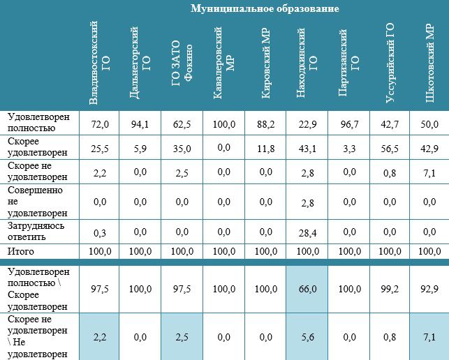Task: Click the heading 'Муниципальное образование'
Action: point(265,8)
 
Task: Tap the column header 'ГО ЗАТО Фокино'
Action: point(182,63)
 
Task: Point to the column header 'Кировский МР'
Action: point(266,63)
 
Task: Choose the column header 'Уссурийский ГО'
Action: point(390,63)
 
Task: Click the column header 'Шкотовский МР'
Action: point(430,63)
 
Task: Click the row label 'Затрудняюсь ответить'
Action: point(36,232)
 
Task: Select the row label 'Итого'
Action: point(21,252)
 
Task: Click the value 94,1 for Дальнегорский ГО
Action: point(140,124)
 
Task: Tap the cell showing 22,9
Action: point(307,124)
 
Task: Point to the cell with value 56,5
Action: point(390,149)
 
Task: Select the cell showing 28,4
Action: point(307,233)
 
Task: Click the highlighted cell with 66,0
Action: point(307,289)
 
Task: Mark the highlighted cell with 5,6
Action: point(307,337)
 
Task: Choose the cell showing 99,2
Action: point(390,289)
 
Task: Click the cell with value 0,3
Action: point(99,233)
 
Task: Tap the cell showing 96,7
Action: point(349,124)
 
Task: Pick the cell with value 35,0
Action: point(182,149)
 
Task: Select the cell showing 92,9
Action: point(430,289)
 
